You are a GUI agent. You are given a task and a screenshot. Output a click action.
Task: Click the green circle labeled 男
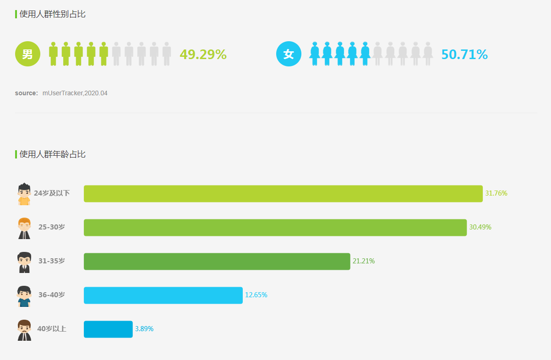click(27, 54)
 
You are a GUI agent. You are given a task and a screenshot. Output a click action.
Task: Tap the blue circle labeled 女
click(289, 54)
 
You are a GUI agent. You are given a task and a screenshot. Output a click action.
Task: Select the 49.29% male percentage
click(203, 55)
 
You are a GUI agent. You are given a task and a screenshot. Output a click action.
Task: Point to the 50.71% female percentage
click(464, 55)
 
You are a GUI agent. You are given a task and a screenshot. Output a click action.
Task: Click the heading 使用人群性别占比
click(52, 14)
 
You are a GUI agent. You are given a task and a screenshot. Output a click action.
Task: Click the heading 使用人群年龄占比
click(52, 154)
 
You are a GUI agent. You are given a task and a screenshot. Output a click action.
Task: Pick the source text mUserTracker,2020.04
click(75, 93)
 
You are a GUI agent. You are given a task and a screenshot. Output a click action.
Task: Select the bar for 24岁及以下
click(283, 193)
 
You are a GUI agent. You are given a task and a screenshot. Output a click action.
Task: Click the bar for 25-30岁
click(275, 227)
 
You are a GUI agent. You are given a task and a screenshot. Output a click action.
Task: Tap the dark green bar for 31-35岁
click(217, 261)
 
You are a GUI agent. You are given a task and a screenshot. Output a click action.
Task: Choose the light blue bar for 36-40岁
click(163, 295)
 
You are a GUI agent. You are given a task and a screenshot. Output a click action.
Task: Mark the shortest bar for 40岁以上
click(108, 329)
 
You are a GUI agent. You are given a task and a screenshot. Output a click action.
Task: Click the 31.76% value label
click(496, 193)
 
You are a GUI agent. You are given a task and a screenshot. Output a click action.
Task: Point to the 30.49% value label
click(480, 227)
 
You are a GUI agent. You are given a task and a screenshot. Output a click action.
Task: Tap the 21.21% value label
click(364, 261)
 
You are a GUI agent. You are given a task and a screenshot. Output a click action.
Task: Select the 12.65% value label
click(256, 295)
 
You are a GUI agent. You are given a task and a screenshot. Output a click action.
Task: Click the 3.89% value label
click(144, 329)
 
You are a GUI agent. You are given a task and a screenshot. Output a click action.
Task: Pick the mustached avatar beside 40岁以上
click(24, 330)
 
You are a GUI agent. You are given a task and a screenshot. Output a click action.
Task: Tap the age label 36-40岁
click(52, 295)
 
